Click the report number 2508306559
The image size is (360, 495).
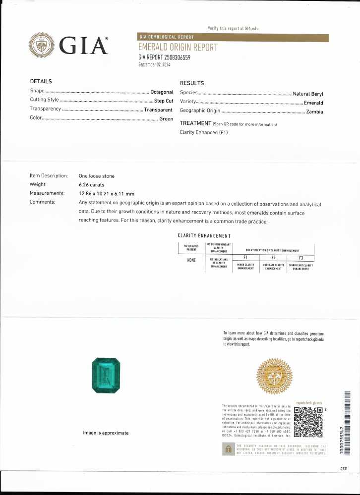[x=164, y=57]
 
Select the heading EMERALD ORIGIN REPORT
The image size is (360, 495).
[x=178, y=48]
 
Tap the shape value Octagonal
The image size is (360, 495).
[x=162, y=92]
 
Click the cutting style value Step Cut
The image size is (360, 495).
[x=163, y=101]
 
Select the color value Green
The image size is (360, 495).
[x=166, y=119]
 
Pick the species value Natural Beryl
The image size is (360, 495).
[x=308, y=94]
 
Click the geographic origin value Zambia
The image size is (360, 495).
[x=314, y=112]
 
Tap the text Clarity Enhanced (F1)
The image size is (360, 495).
[x=204, y=132]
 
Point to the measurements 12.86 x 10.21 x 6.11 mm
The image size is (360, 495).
[x=107, y=193]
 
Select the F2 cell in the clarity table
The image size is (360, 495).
[x=273, y=258]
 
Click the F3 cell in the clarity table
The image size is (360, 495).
[x=300, y=258]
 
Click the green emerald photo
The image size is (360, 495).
[x=106, y=376]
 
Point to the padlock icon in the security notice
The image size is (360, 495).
[x=228, y=449]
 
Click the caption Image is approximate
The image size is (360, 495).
[x=106, y=433]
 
